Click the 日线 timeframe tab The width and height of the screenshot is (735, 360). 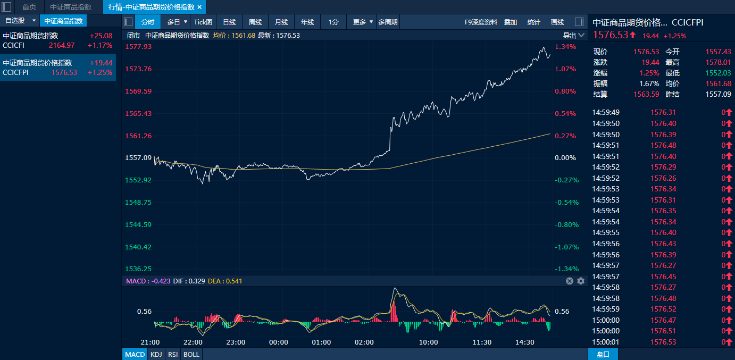pos(229,22)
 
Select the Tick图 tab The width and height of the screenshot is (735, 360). pos(203,22)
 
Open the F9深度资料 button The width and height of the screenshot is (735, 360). pos(481,22)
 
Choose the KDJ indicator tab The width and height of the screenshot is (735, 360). pos(156,355)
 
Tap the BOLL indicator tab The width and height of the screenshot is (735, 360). pos(191,355)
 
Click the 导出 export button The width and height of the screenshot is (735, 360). pos(569,36)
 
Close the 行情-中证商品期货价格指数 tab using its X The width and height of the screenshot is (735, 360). pos(199,7)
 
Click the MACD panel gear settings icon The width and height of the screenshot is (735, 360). pos(581,281)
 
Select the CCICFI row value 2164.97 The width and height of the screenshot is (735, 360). pos(62,45)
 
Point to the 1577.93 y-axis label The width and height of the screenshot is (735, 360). pos(138,47)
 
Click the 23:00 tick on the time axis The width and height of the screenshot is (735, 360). pos(236,342)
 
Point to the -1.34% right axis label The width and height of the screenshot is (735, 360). pos(566,269)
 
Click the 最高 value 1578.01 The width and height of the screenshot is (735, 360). pos(719,62)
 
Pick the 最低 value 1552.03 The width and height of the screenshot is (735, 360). pos(719,73)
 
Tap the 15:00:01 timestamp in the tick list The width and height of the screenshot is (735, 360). pos(606,342)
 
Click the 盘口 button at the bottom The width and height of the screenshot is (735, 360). pos(603,355)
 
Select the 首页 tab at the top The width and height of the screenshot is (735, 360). pos(29,7)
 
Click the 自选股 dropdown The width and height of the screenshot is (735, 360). pos(20,21)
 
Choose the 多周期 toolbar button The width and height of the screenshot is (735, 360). pos(388,22)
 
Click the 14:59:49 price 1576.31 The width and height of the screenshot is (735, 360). pos(663,112)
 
